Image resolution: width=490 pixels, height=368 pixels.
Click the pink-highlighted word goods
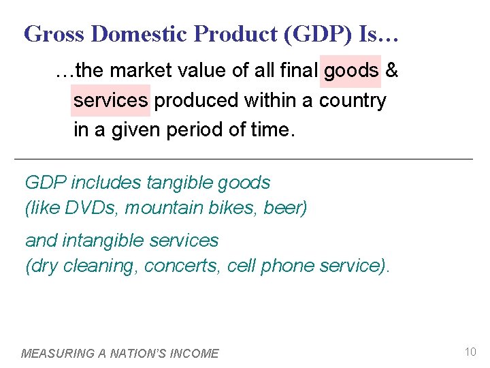(351, 70)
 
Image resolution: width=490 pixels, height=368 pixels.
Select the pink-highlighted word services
(110, 101)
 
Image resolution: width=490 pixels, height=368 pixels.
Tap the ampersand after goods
(391, 70)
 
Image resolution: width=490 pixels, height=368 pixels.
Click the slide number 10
(470, 352)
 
